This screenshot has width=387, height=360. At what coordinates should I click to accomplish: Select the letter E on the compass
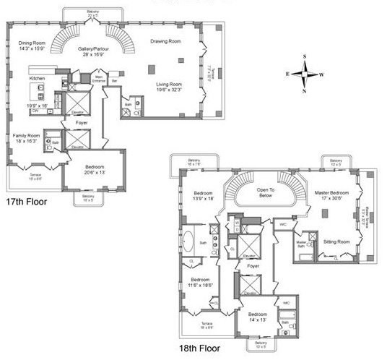point(288,74)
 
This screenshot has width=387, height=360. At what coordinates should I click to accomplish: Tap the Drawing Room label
point(165,41)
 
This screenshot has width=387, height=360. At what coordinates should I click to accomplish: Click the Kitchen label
point(38,77)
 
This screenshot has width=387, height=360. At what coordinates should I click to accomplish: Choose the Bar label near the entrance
point(115,82)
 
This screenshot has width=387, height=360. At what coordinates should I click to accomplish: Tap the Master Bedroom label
point(332,194)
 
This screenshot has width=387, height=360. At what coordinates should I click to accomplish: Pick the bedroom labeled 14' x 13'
point(258,317)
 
